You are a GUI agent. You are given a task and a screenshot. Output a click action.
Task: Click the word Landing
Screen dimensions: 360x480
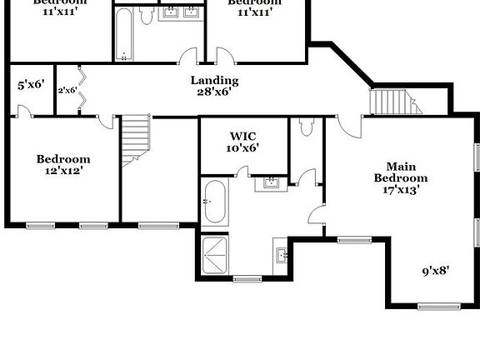point(214,81)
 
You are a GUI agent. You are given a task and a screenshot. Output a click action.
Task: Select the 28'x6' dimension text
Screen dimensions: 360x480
point(214,92)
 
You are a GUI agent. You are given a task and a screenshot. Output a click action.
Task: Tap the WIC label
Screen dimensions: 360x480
point(243,135)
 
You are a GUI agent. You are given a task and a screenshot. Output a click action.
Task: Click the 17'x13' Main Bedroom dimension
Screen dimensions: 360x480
point(400,189)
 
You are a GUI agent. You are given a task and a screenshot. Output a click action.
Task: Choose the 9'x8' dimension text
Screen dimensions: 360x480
point(437,270)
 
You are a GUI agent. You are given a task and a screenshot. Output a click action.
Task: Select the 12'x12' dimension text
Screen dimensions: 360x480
point(62,170)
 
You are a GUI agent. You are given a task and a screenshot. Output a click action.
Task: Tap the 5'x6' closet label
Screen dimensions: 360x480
point(30,84)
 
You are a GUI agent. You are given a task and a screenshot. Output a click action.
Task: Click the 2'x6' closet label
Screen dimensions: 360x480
point(67,90)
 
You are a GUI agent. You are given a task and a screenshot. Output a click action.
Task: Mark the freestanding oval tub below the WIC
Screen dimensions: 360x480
point(214,202)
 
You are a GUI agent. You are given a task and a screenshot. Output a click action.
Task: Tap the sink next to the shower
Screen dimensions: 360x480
point(282,252)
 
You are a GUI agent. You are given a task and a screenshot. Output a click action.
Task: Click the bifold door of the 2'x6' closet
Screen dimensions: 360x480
point(81,90)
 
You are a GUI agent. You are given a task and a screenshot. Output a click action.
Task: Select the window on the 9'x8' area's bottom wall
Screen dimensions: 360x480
point(438,307)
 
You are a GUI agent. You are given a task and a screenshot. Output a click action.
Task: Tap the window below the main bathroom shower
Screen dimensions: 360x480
point(247,278)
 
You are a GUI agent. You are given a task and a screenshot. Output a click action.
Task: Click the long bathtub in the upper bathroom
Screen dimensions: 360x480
point(124,35)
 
